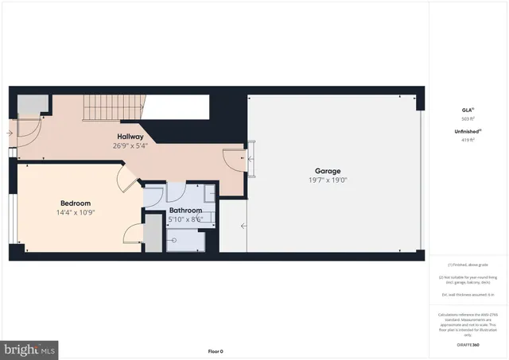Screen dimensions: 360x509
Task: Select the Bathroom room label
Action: click(185, 211)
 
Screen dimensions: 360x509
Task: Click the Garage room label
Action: click(327, 171)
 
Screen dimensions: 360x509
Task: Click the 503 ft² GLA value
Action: click(467, 118)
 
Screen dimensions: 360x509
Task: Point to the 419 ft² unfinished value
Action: click(467, 140)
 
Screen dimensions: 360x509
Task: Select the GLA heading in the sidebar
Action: click(466, 110)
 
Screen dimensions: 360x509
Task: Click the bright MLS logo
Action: click(30, 349)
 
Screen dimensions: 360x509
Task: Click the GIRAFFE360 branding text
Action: click(467, 345)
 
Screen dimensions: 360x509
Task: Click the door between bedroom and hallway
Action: click(126, 180)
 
